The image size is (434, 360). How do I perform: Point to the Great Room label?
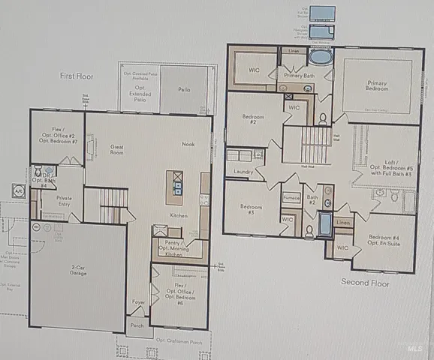(x=117, y=150)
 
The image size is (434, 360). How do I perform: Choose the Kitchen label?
(x=178, y=216)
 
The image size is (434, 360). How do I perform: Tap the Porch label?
(x=137, y=326)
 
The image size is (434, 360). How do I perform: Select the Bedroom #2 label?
(x=251, y=118)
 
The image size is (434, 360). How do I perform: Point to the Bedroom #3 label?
(x=249, y=208)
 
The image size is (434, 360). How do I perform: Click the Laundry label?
(x=243, y=172)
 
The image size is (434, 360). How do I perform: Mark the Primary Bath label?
(x=299, y=76)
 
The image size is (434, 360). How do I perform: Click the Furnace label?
(x=291, y=198)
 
